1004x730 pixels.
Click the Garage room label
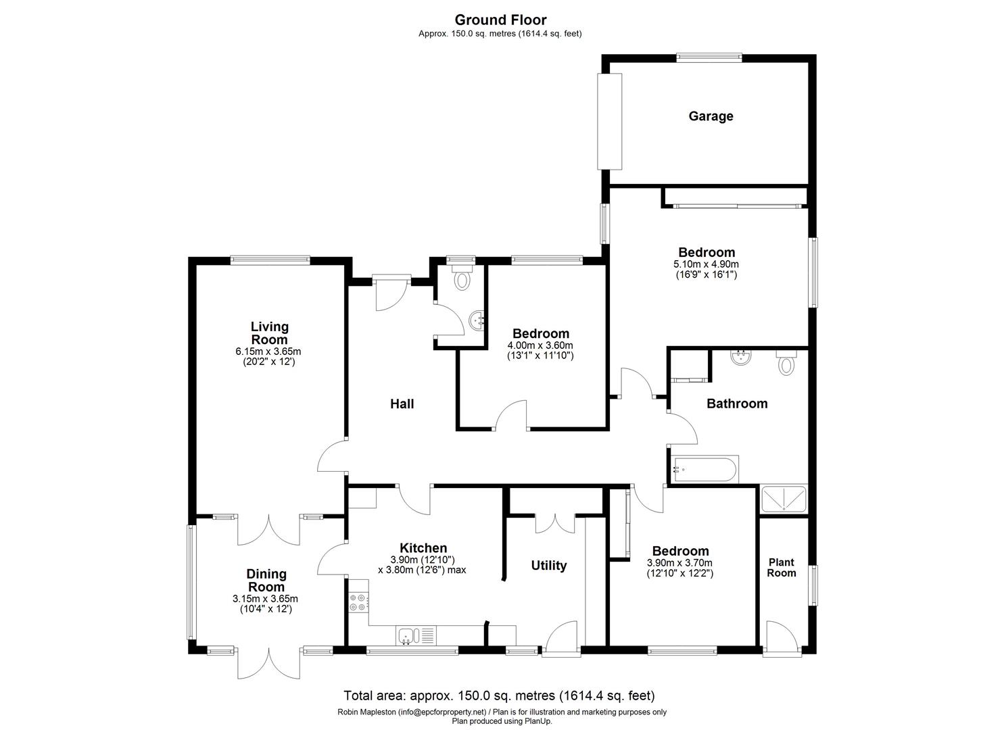tap(711, 116)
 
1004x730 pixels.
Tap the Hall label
tap(402, 404)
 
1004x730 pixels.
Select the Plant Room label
tap(782, 567)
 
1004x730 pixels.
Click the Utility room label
tap(548, 566)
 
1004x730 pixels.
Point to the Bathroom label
tap(737, 404)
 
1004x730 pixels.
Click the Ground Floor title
tap(501, 20)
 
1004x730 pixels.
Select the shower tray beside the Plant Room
tap(784, 499)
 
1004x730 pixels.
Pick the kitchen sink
tap(409, 635)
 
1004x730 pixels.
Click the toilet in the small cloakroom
tap(462, 277)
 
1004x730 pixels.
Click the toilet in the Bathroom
tap(786, 363)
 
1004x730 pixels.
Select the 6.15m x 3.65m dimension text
tap(268, 351)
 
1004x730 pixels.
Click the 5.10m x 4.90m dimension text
tap(707, 264)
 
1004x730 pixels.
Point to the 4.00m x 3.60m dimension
tap(540, 345)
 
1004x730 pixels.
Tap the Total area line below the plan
tap(500, 695)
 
